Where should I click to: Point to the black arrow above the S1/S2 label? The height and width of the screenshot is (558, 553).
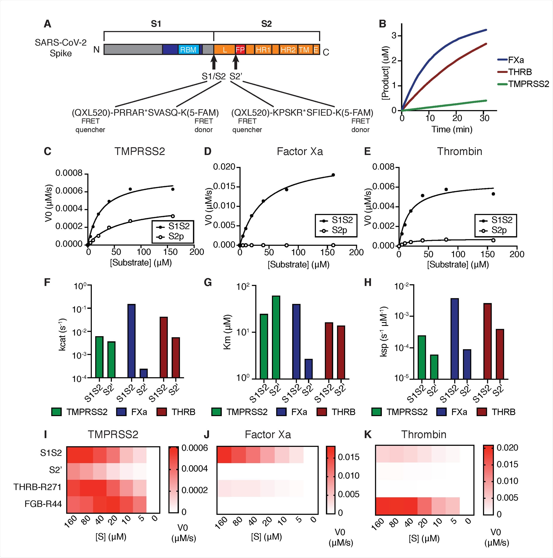tap(213, 62)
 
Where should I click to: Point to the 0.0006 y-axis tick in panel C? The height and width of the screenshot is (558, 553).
tap(69, 191)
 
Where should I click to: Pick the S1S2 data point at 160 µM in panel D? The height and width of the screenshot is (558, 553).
tap(333, 175)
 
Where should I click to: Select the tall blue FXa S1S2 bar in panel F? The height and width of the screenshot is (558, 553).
tap(131, 341)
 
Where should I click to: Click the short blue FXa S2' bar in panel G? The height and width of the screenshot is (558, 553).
tap(308, 369)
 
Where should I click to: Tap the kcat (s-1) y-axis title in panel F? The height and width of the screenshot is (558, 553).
tap(62, 334)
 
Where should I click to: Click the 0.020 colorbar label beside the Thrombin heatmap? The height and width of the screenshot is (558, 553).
tap(507, 448)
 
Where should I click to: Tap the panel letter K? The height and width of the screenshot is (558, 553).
tap(368, 434)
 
